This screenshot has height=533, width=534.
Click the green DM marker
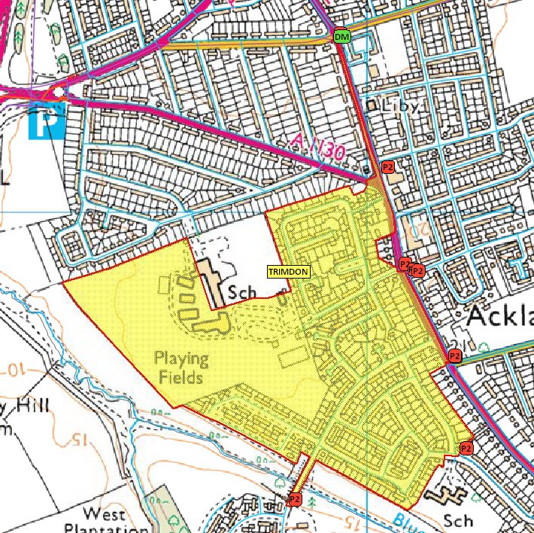click(342, 37)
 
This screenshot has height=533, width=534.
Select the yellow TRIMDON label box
click(288, 272)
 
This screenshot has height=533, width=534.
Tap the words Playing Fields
click(179, 367)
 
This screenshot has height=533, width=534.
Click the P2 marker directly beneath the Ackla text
click(454, 355)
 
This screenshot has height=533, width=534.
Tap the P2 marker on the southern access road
click(295, 499)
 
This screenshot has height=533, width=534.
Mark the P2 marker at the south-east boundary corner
click(466, 449)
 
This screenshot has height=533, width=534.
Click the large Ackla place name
click(500, 316)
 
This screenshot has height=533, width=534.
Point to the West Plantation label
click(103, 522)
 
